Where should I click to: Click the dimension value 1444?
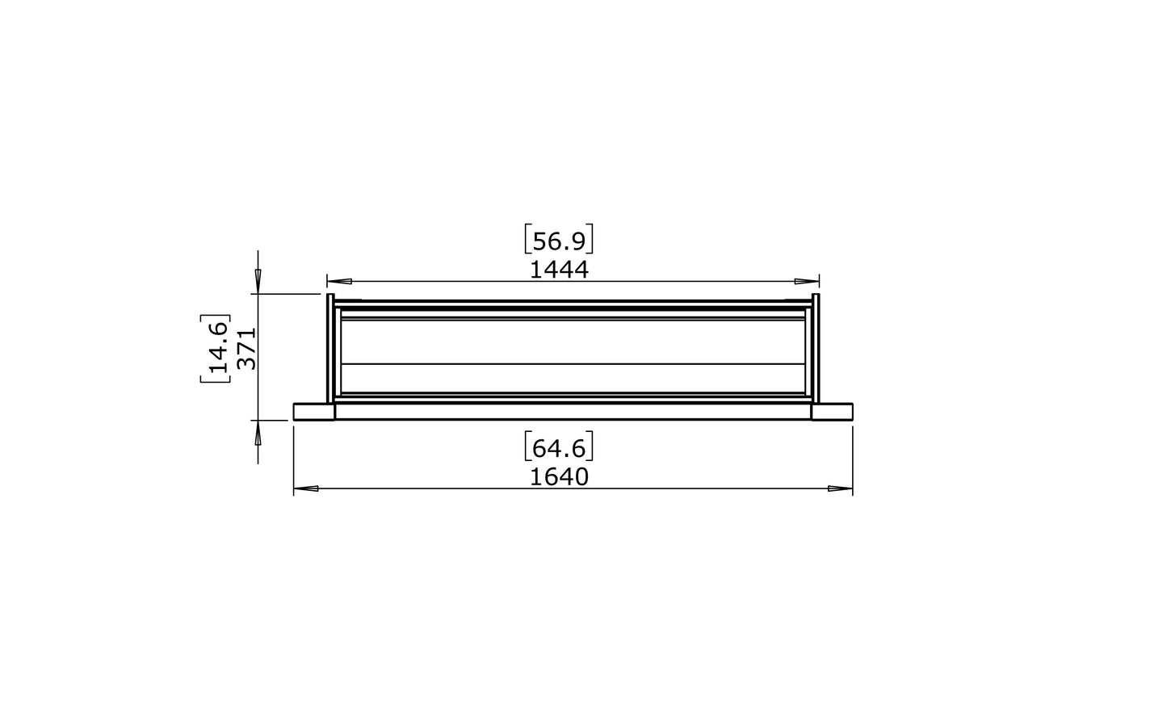559,270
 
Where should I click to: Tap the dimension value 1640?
559,477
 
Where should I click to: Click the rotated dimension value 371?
247,349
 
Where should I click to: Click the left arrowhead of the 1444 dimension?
339,281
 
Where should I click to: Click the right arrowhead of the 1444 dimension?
807,281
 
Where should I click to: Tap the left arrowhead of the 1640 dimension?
306,488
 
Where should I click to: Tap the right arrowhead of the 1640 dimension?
841,488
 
